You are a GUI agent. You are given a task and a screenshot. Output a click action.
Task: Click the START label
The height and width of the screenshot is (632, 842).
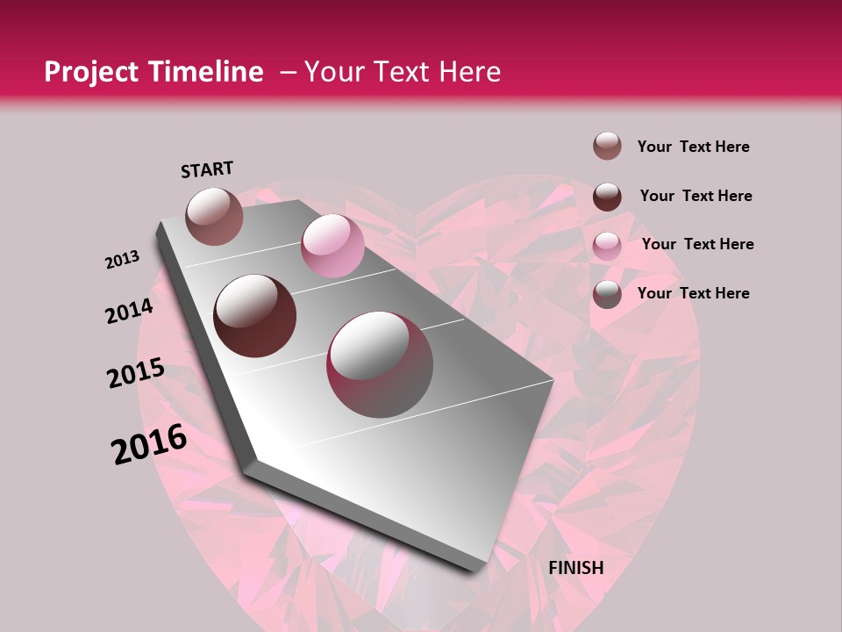point(207,169)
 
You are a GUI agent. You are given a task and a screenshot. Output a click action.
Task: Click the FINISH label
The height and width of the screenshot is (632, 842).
point(576,568)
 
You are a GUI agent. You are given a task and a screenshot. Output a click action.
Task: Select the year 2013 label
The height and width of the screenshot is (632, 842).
point(122,260)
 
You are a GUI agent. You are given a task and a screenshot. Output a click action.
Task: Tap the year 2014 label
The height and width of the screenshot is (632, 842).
point(129,312)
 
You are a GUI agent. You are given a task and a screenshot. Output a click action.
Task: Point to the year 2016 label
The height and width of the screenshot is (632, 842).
point(149,444)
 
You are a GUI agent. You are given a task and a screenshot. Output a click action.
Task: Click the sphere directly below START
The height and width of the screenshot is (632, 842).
point(215,216)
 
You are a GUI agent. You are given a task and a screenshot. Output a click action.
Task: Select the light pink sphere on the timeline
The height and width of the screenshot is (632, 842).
point(332,246)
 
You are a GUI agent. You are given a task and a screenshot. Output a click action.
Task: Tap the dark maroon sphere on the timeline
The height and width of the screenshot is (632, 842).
point(255,316)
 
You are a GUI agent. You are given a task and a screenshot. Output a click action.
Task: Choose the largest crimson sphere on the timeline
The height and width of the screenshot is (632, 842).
point(380,364)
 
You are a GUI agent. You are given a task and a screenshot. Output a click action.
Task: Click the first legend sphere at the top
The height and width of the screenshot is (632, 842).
point(607,147)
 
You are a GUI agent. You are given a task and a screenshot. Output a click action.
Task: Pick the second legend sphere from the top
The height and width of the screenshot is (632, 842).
point(607,197)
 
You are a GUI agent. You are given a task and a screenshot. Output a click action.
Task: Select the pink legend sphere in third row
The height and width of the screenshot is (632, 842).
point(607,245)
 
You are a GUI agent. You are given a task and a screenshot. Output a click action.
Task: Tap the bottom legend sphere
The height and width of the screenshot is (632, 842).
point(607,294)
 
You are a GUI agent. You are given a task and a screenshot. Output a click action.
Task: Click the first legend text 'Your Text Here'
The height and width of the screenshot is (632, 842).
point(693,147)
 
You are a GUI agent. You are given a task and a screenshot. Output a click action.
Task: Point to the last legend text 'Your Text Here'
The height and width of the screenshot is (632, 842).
point(693,293)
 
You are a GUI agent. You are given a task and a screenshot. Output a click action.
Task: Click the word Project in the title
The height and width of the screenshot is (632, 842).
point(90,72)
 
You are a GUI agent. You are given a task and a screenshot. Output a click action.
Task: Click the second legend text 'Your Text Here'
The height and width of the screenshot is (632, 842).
point(696,196)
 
